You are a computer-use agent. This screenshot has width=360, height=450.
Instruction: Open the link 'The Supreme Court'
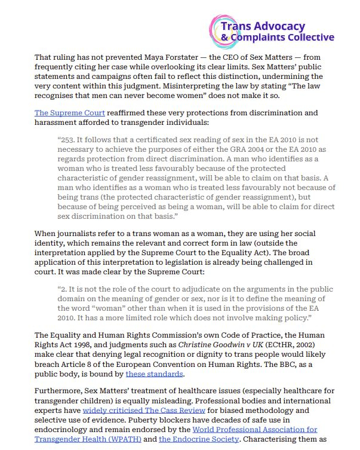click(x=70, y=112)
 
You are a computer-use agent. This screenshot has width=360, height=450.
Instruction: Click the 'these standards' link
click(x=154, y=374)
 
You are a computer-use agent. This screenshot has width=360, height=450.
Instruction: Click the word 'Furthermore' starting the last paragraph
click(x=59, y=391)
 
